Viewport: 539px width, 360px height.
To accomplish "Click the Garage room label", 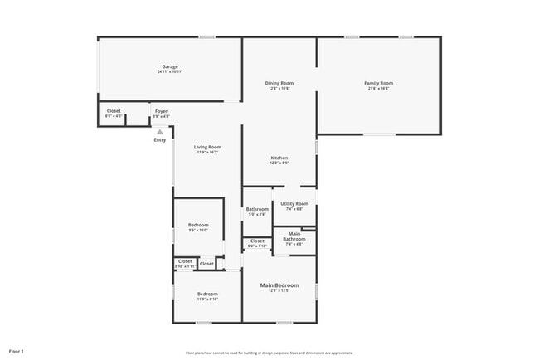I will (169, 66).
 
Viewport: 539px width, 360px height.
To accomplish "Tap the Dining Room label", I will (279, 83).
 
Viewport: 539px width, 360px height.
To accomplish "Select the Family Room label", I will (378, 83).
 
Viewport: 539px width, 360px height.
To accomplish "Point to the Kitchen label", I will (279, 158).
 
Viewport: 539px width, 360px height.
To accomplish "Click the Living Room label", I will (207, 147).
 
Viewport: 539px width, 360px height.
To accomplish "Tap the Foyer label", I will (161, 111).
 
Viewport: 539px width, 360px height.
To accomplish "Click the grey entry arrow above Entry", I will (160, 131).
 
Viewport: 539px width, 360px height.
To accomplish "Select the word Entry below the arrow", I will (160, 139).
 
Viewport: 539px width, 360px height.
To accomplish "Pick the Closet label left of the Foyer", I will (114, 111).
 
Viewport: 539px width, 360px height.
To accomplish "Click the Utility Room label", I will (294, 203).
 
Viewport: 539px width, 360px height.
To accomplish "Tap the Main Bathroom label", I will (294, 236).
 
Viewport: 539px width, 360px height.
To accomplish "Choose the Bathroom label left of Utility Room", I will (257, 209).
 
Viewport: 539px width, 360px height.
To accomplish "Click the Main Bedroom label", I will (279, 285).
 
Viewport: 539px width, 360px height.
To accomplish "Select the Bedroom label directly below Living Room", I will (198, 225).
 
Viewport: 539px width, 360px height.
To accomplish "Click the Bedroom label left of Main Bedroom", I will (207, 294).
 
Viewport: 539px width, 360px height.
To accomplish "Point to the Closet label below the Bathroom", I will (257, 241).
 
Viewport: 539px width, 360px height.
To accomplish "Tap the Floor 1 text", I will (17, 352).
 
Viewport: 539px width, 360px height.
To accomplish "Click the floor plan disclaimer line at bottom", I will (269, 353).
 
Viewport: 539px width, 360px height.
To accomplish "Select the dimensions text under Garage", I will (169, 72).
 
